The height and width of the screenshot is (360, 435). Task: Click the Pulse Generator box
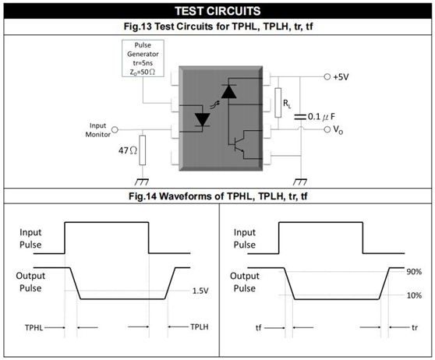click(143, 58)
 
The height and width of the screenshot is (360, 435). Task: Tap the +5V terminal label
click(341, 77)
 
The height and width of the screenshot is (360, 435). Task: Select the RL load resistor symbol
click(278, 103)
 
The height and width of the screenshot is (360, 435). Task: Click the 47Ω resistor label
click(128, 150)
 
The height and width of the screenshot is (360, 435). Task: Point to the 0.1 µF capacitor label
click(321, 117)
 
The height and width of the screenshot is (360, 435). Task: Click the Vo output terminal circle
click(327, 129)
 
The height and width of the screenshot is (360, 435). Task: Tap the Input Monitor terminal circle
click(115, 130)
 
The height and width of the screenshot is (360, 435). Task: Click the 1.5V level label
click(200, 291)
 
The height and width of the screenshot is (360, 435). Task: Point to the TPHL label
click(34, 327)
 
